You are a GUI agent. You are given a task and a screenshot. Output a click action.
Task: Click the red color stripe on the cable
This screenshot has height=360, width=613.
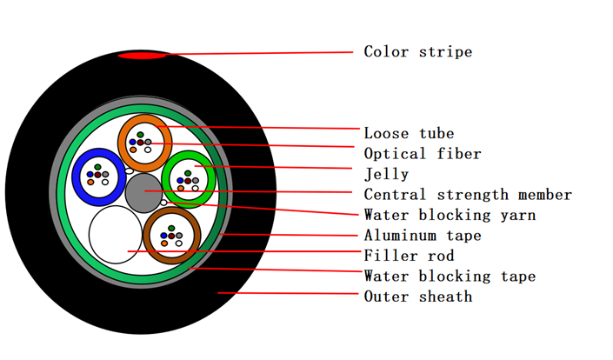point(143,56)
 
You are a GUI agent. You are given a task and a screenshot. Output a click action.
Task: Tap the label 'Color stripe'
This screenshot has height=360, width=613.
point(418,51)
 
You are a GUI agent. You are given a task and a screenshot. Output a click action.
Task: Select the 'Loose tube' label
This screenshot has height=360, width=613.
point(409,133)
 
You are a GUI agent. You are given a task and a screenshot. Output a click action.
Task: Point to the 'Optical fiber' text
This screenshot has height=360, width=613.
point(423,154)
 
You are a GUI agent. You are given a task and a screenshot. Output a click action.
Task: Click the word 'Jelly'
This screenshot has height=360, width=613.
point(386,174)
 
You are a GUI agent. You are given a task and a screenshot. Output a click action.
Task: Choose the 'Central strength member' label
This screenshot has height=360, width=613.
point(468,194)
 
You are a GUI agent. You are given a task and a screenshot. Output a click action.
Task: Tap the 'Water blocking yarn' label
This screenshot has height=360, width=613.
point(450,215)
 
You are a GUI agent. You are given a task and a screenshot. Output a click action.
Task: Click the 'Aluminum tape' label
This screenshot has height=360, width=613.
point(423,236)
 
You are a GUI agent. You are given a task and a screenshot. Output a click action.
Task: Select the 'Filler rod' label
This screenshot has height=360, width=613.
point(409,256)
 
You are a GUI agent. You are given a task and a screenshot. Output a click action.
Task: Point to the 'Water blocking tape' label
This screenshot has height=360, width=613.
point(450,276)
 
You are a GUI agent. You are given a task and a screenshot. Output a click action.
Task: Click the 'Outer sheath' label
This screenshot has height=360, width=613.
point(418,297)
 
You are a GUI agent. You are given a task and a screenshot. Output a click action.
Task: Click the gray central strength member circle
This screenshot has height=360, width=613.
point(143,193)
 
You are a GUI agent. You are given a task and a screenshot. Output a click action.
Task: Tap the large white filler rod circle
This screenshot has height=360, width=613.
point(116,235)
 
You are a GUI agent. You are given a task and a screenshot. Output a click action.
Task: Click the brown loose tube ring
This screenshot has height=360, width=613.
point(147,236)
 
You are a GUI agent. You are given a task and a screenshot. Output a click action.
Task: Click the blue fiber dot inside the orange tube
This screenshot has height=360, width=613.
point(132,142)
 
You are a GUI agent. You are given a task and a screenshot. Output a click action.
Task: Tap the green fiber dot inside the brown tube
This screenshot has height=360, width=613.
point(171,228)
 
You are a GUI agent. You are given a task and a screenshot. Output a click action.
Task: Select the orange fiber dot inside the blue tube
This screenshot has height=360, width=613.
point(90,182)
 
